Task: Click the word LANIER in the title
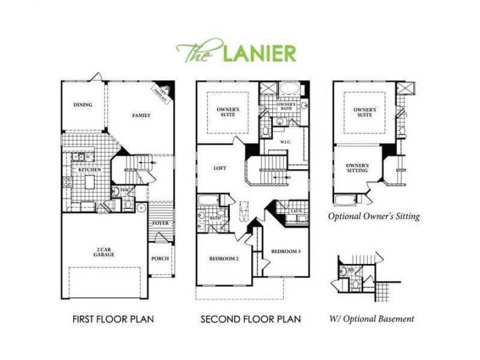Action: [x=258, y=52]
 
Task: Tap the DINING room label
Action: [x=83, y=105]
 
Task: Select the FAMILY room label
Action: [x=141, y=116]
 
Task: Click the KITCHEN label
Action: [x=90, y=170]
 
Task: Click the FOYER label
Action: [x=160, y=223]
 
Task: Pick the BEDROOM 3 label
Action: [x=285, y=251]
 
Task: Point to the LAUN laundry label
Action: [x=296, y=212]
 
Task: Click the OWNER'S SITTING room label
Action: [x=357, y=168]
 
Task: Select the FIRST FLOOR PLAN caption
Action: [x=114, y=319]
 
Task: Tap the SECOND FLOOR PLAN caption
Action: [x=250, y=319]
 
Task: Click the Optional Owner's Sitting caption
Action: [x=374, y=216]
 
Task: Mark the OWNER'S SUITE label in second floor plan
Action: [x=224, y=111]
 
